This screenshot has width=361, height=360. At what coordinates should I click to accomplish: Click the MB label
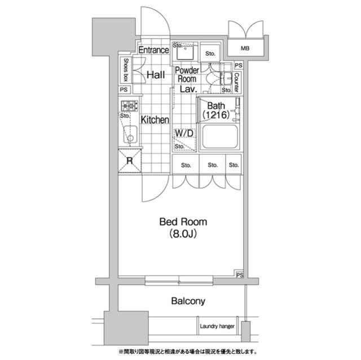(x=245, y=48)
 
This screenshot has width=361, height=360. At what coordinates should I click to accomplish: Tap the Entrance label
(x=154, y=50)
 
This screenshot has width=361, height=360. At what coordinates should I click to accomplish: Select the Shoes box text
(x=126, y=70)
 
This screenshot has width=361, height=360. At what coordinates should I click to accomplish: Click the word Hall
(x=156, y=75)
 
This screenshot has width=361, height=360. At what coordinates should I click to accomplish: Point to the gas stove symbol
(x=130, y=106)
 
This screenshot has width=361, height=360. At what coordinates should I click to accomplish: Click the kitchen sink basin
(x=130, y=135)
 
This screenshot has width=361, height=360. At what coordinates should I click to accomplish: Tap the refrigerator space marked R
(x=130, y=161)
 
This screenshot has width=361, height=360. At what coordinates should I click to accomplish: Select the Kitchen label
(x=155, y=120)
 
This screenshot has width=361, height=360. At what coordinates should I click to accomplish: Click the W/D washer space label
(x=184, y=134)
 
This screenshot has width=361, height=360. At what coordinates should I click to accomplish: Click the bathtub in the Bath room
(x=219, y=137)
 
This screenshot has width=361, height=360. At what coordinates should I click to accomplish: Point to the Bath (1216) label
(x=216, y=110)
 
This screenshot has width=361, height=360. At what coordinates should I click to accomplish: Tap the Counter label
(x=237, y=82)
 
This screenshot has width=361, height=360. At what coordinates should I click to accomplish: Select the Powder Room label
(x=187, y=74)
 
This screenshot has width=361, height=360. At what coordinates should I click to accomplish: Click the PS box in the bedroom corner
(x=239, y=275)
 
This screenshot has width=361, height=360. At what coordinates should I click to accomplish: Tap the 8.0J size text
(x=183, y=234)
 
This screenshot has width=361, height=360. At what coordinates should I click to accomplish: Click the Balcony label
(x=188, y=301)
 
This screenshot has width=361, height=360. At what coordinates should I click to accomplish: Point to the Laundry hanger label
(x=217, y=326)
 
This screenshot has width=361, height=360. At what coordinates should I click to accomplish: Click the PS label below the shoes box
(x=124, y=90)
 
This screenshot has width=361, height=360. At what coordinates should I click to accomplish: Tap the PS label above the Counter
(x=239, y=65)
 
